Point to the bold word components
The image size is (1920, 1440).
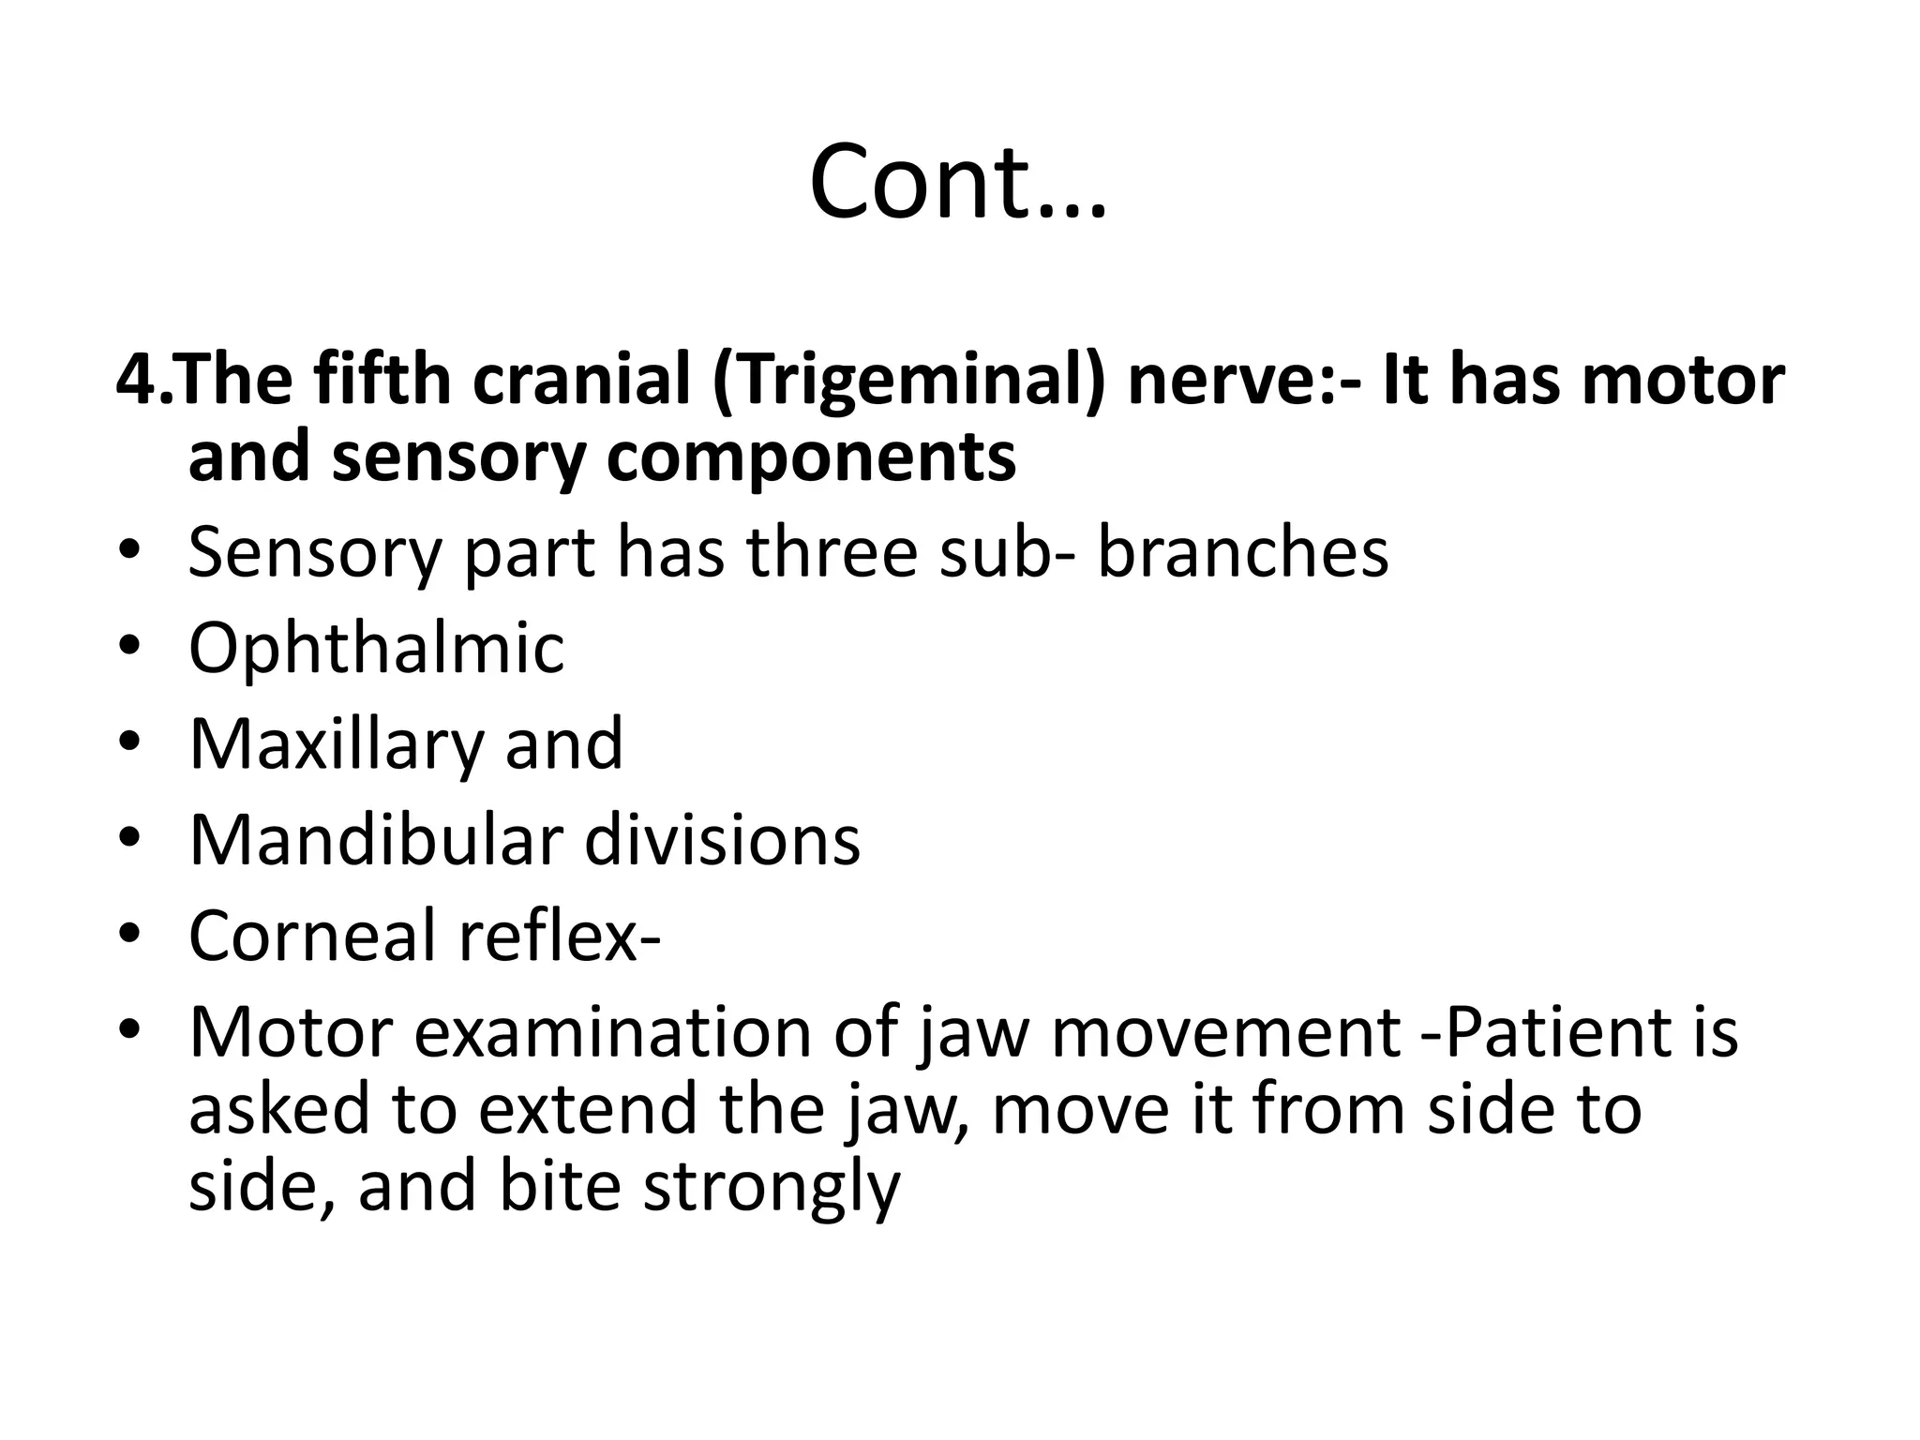coord(811,457)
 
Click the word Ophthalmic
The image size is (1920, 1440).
coord(377,648)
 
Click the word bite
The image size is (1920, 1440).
coord(560,1186)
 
